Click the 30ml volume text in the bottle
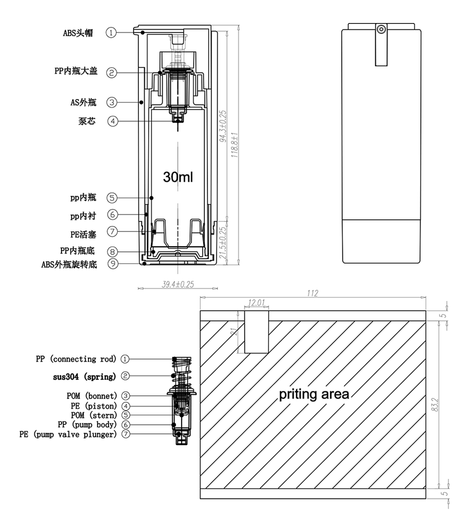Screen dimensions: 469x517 click(x=178, y=177)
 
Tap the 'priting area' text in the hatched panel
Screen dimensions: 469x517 click(x=314, y=394)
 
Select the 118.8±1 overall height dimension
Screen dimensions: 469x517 click(x=234, y=145)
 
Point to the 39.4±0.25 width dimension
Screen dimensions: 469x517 click(x=178, y=284)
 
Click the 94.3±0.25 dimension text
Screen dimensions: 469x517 click(x=223, y=126)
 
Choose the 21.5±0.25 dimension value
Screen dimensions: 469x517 click(x=223, y=243)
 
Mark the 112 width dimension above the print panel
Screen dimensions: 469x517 click(x=312, y=293)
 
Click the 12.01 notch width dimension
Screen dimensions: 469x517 click(x=256, y=303)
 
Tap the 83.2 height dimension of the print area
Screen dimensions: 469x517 click(x=435, y=405)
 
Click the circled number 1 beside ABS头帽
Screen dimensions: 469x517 click(x=111, y=33)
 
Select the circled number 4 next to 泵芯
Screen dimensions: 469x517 click(x=113, y=121)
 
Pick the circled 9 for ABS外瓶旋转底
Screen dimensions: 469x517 click(x=113, y=264)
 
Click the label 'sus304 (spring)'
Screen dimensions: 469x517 click(x=84, y=377)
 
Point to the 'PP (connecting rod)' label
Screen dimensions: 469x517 click(x=76, y=359)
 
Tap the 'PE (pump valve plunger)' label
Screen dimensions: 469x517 click(x=68, y=434)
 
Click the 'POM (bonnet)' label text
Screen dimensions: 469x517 click(x=92, y=396)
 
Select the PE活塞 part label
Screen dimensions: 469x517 click(x=83, y=234)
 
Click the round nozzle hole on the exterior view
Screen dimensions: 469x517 click(x=381, y=29)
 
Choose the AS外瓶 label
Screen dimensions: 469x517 click(x=83, y=102)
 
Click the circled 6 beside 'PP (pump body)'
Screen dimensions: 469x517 click(x=126, y=424)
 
